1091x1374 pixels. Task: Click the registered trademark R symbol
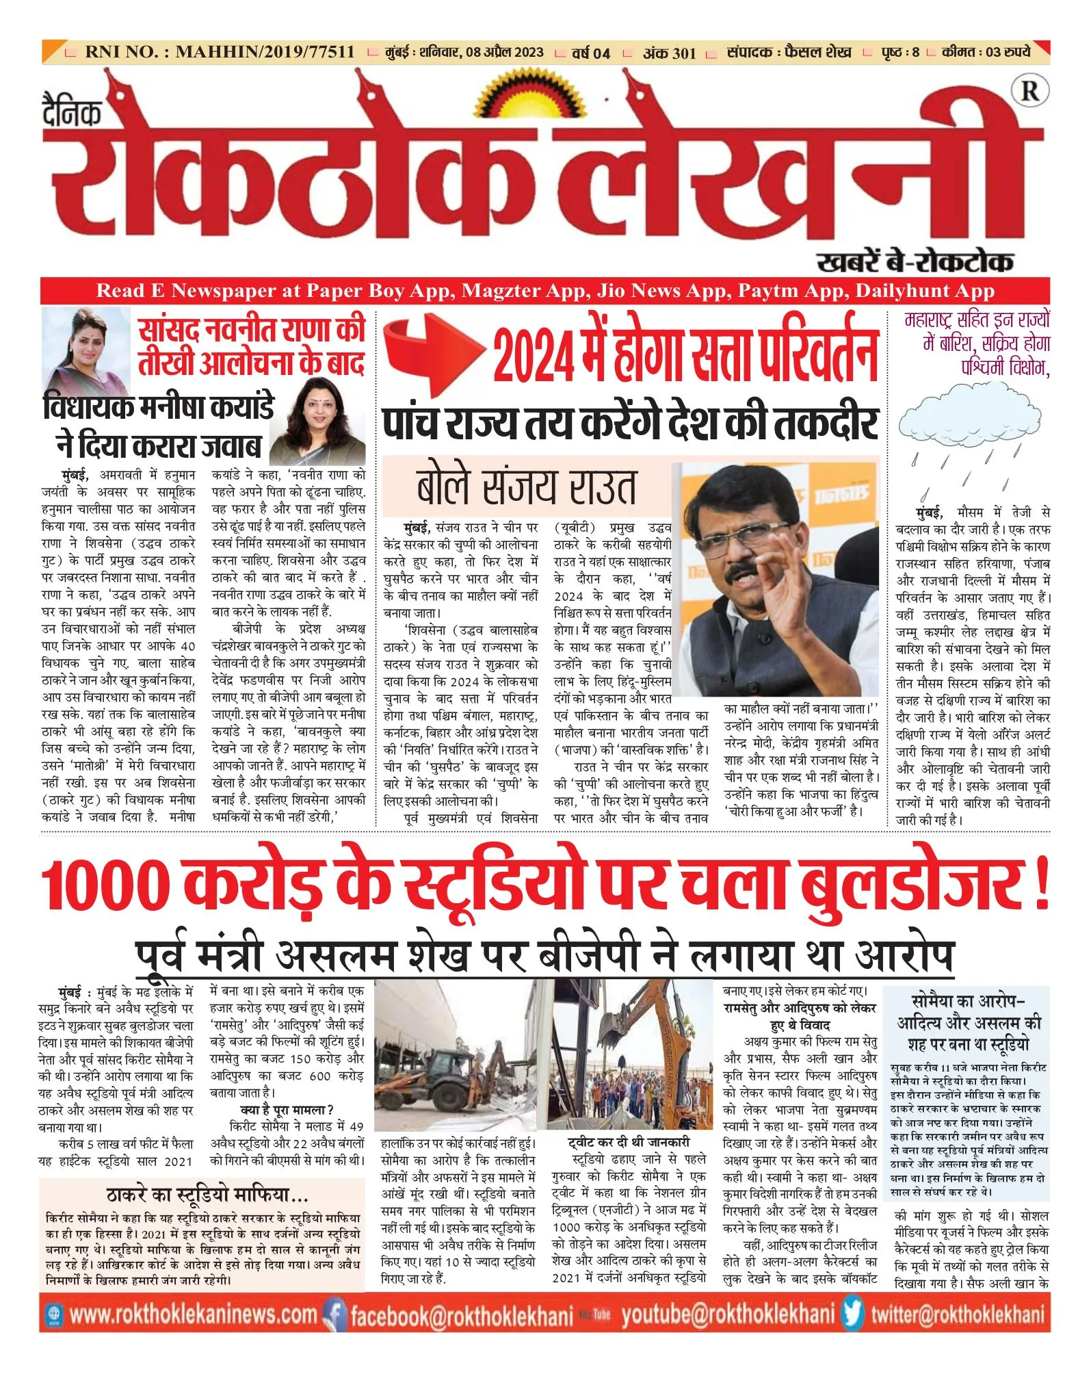pyautogui.click(x=1029, y=90)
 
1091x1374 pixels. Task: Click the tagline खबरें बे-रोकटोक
pyautogui.click(x=915, y=262)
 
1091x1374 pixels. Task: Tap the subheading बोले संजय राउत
pyautogui.click(x=526, y=487)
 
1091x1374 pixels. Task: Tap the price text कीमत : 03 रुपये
pyautogui.click(x=986, y=52)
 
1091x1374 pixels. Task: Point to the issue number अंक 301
pyautogui.click(x=669, y=53)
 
